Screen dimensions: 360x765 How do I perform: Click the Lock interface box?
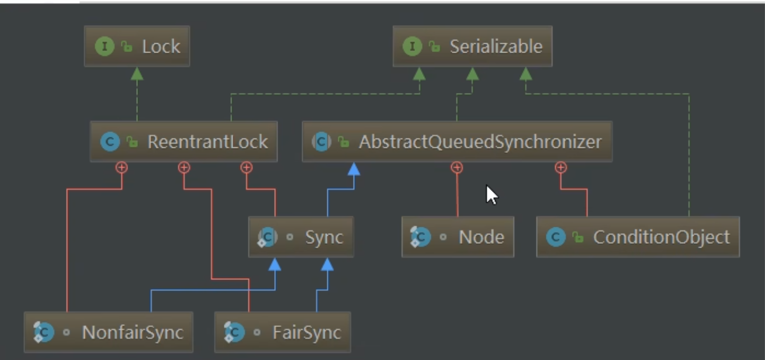coord(137,46)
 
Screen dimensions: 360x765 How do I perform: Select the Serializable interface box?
coord(472,46)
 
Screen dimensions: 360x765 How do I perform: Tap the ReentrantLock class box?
coord(184,141)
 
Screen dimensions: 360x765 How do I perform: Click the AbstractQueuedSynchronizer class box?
coord(457,141)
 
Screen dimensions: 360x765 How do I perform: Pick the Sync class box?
coord(300,237)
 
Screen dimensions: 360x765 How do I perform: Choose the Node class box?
coord(458,237)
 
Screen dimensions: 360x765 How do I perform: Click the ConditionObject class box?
coord(638,237)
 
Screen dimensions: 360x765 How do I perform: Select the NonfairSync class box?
coord(109,333)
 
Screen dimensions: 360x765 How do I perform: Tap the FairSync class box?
coord(282,333)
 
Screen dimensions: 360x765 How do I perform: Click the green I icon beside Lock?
coord(104,47)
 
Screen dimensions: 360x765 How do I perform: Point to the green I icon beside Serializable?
coord(412,47)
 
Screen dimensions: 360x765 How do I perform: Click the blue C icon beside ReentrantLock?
coord(110,142)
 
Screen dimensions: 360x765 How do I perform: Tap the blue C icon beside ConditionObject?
coord(556,237)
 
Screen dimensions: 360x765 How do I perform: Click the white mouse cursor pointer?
coord(491,193)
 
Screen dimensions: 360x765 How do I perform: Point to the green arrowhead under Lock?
coord(137,74)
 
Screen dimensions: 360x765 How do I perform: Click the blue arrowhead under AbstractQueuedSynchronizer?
coord(353,169)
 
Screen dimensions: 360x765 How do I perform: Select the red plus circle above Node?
coord(457,168)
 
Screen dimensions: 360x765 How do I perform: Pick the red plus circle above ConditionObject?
coord(561,168)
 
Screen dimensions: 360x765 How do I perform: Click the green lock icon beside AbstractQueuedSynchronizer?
coord(344,142)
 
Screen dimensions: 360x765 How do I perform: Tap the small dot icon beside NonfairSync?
coord(66,333)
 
